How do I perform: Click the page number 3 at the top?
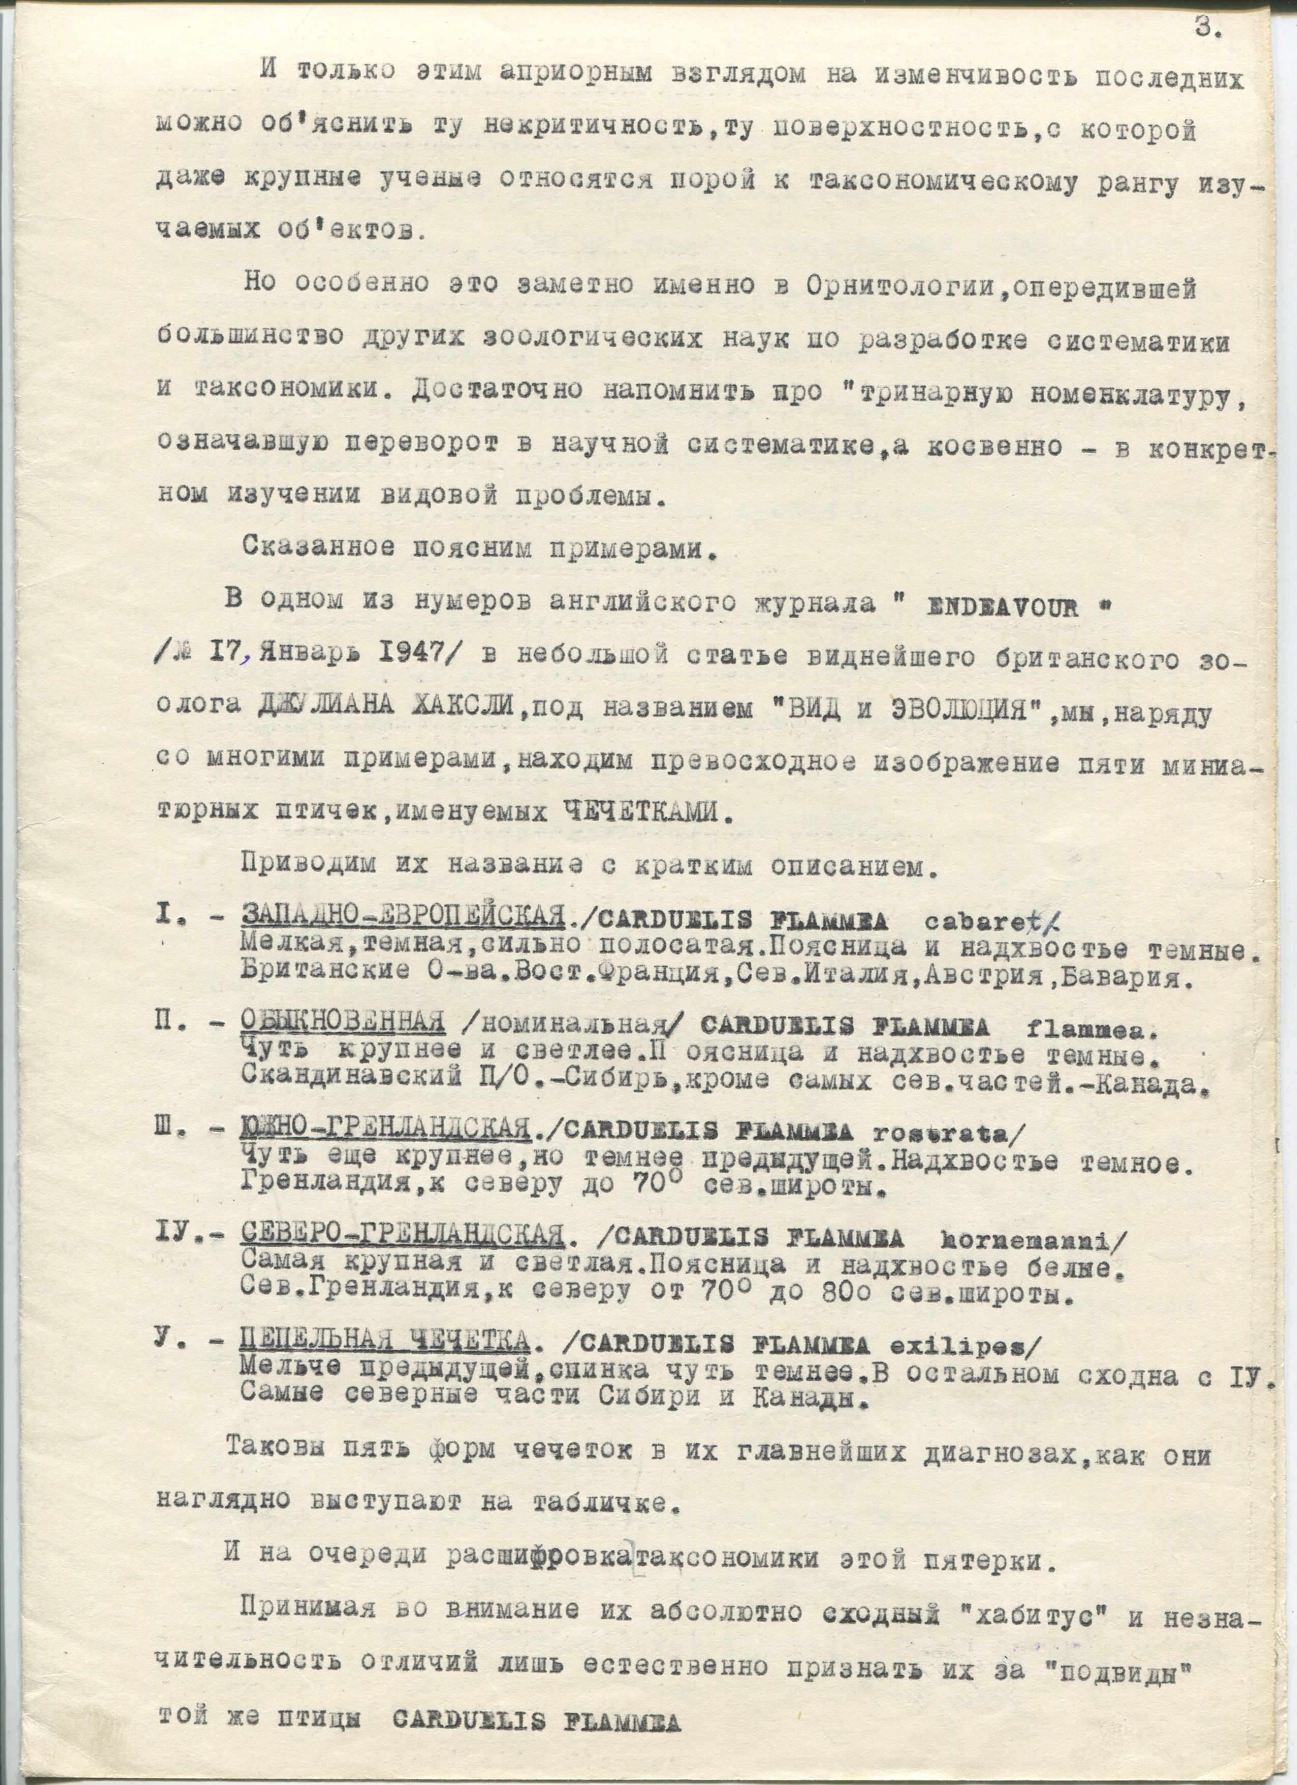[1206, 29]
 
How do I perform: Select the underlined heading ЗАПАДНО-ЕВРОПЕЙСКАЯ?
[403, 917]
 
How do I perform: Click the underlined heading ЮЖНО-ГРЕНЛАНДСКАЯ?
[386, 1131]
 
